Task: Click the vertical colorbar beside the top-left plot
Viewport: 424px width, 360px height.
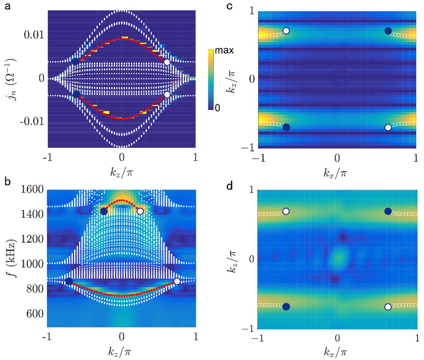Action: tap(210, 79)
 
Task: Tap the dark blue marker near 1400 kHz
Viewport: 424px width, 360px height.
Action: tap(104, 211)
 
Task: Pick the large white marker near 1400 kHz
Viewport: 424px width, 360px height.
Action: tap(140, 211)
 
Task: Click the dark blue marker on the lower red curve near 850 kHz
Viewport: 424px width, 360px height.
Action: tap(69, 281)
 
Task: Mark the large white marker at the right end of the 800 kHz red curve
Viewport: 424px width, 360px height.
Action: tap(177, 281)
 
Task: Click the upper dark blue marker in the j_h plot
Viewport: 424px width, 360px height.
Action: tap(76, 62)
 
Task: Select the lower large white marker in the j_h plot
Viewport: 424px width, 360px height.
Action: tap(167, 95)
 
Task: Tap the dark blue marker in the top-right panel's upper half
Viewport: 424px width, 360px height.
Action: tap(388, 31)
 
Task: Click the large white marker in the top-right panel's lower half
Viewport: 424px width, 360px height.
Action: tap(388, 127)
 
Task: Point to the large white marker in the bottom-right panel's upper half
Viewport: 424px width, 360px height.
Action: tap(286, 211)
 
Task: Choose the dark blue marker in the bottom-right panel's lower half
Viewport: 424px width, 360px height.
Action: tap(286, 306)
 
